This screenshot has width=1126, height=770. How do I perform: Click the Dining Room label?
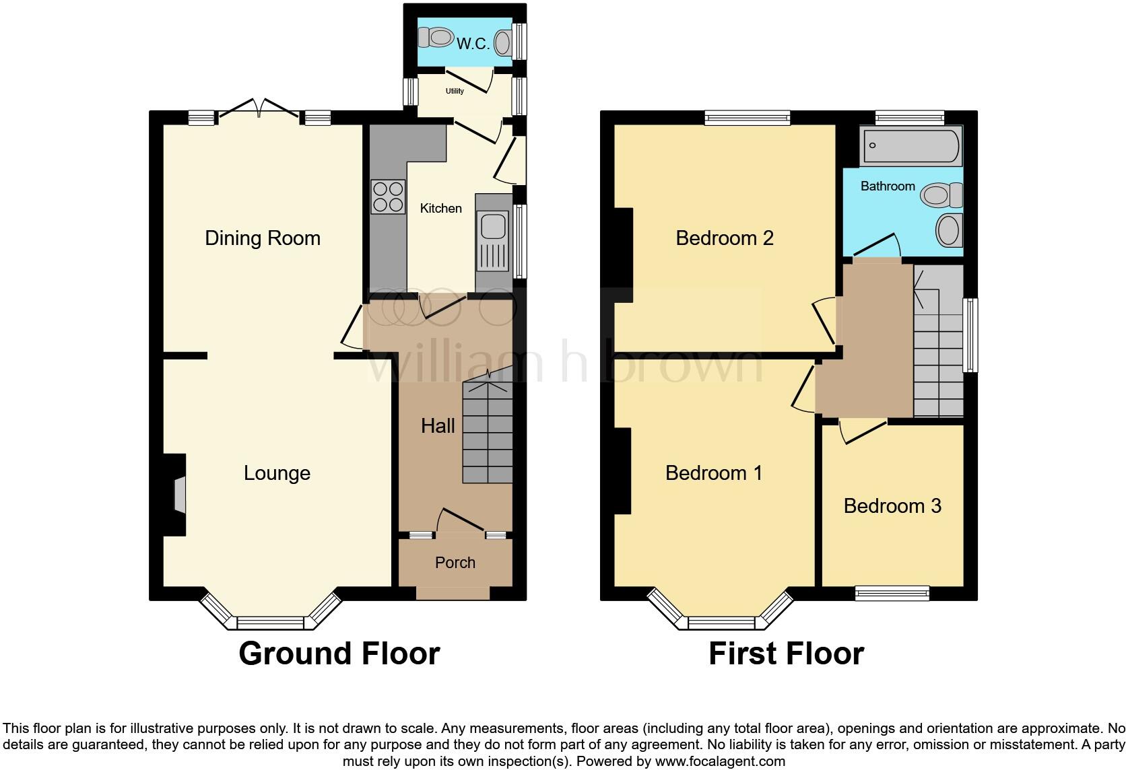pyautogui.click(x=263, y=238)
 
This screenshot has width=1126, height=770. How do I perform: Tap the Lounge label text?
pyautogui.click(x=277, y=473)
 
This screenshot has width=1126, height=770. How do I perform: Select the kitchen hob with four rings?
pyautogui.click(x=388, y=197)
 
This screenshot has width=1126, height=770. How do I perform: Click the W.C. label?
pyautogui.click(x=473, y=44)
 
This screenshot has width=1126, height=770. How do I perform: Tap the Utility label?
pyautogui.click(x=455, y=91)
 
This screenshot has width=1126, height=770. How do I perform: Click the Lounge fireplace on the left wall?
pyautogui.click(x=177, y=496)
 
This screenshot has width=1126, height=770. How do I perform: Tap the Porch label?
pyautogui.click(x=455, y=563)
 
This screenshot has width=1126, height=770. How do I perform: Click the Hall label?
pyautogui.click(x=438, y=425)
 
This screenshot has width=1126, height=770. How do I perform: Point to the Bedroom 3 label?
pyautogui.click(x=892, y=506)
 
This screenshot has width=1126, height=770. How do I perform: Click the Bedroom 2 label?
pyautogui.click(x=725, y=238)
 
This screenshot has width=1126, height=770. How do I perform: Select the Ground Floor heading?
pyautogui.click(x=339, y=654)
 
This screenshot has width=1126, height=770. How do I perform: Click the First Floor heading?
pyautogui.click(x=786, y=654)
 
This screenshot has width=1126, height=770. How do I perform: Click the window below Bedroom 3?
pyautogui.click(x=892, y=593)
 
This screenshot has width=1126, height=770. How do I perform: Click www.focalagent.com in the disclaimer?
pyautogui.click(x=720, y=762)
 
